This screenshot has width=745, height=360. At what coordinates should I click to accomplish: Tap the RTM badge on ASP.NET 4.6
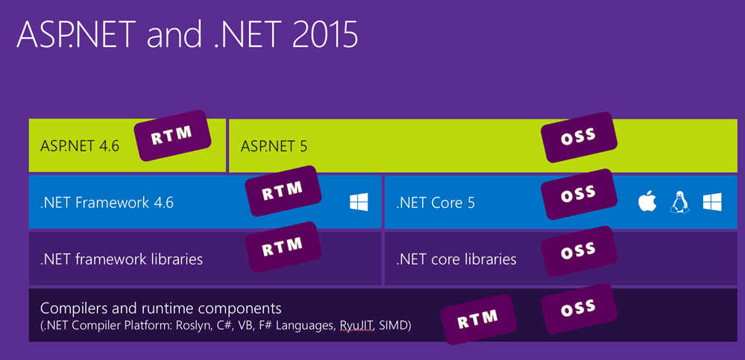coord(172,136)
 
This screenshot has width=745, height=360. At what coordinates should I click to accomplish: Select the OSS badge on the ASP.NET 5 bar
coord(579,137)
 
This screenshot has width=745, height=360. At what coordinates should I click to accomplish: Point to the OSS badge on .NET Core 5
coord(579,194)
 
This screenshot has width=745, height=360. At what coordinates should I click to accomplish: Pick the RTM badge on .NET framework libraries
coord(283,247)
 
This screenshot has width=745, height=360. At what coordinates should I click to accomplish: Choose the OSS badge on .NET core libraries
coord(579,252)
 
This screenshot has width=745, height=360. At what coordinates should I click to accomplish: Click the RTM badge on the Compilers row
coord(477,318)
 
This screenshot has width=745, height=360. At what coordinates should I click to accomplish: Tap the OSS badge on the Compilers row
coord(579,307)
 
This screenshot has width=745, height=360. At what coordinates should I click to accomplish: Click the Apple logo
coord(647,201)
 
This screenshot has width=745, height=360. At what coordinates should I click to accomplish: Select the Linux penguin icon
coord(679,201)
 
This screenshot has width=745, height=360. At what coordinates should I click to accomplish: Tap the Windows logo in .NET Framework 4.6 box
coord(359,201)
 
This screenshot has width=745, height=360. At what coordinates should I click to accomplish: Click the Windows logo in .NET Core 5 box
coord(712,201)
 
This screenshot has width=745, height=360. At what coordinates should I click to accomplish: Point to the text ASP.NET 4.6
coord(80,146)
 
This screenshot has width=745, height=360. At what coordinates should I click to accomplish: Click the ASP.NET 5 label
coord(274,146)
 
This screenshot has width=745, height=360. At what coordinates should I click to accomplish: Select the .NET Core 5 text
coord(436,202)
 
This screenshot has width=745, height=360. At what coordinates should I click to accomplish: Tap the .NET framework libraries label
coord(122,259)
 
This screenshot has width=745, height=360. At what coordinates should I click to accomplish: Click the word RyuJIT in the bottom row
coord(358,326)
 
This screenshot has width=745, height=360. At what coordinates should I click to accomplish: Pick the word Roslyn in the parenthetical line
coord(199,326)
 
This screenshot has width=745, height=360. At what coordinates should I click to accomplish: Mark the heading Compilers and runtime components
coord(161,308)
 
